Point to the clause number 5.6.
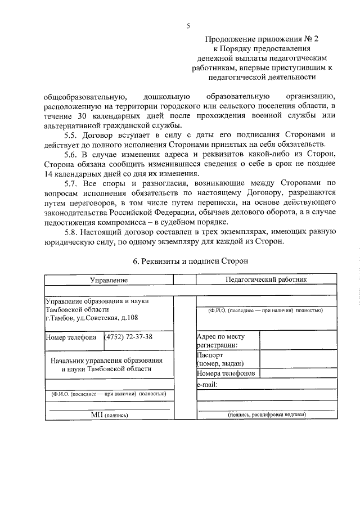[x=72, y=154]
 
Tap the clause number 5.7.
[x=72, y=183]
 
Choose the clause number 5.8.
[x=72, y=232]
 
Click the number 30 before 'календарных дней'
[x=81, y=115]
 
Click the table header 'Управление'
[x=109, y=280]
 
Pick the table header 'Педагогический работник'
[x=266, y=279]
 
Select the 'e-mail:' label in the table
[x=208, y=385]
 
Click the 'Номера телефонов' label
[x=226, y=373]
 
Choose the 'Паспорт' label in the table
[x=210, y=355]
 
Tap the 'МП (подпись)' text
[x=110, y=415]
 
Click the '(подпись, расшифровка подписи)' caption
[x=267, y=415]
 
